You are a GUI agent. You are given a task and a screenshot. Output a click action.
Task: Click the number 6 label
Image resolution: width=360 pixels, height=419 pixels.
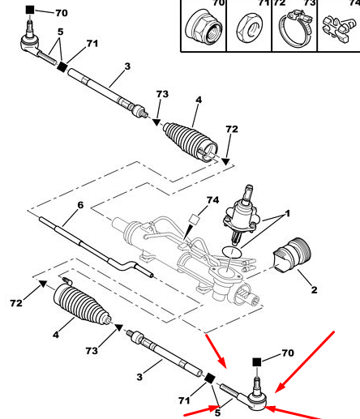pyautogui.click(x=80, y=205)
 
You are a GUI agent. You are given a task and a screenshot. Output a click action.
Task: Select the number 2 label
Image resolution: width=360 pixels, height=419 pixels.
pyautogui.click(x=314, y=290)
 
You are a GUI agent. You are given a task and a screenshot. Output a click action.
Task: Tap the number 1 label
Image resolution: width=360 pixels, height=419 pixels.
pyautogui.click(x=287, y=213)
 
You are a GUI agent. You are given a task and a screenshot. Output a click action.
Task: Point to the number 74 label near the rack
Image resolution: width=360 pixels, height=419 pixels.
pyautogui.click(x=212, y=200)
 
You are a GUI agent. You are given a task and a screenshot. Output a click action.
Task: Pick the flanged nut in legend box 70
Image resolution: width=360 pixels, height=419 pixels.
pyautogui.click(x=204, y=27)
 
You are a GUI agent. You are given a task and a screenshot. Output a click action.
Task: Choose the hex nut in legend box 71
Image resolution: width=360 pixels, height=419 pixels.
pyautogui.click(x=250, y=28)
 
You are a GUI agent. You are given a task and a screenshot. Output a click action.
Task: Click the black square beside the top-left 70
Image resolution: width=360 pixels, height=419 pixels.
pyautogui.click(x=30, y=10)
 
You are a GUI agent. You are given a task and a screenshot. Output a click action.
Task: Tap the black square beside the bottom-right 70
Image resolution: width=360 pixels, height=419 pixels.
pyautogui.click(x=257, y=362)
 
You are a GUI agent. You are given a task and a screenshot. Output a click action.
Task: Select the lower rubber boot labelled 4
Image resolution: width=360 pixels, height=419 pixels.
pyautogui.click(x=82, y=302)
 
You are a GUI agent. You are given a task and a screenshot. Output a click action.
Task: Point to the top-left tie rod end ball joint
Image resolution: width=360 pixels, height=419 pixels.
pyautogui.click(x=30, y=41)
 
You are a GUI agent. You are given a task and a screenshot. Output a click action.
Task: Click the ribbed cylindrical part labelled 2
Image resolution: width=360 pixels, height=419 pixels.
pyautogui.click(x=292, y=254)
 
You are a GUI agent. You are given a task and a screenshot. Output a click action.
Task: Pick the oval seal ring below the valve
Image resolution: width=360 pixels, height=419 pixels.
pyautogui.click(x=232, y=252)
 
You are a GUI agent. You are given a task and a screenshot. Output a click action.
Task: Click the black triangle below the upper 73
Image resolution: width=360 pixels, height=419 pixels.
pyautogui.click(x=156, y=122)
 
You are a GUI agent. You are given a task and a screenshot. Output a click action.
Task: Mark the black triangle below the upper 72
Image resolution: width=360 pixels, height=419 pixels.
pyautogui.click(x=225, y=161)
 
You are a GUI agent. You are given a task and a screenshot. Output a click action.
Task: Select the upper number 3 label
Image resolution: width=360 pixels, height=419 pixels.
pyautogui.click(x=127, y=66)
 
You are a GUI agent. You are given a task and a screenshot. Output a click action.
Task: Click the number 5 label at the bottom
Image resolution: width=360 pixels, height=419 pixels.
pyautogui.click(x=217, y=413)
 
